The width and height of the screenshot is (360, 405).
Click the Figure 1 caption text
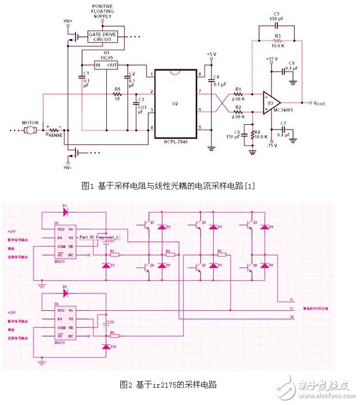click(168, 185)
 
